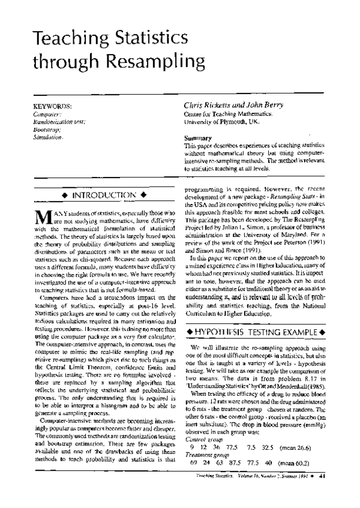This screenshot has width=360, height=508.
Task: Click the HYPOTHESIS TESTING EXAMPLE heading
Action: click(x=256, y=332)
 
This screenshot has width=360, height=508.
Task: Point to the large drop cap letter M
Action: click(x=41, y=218)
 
